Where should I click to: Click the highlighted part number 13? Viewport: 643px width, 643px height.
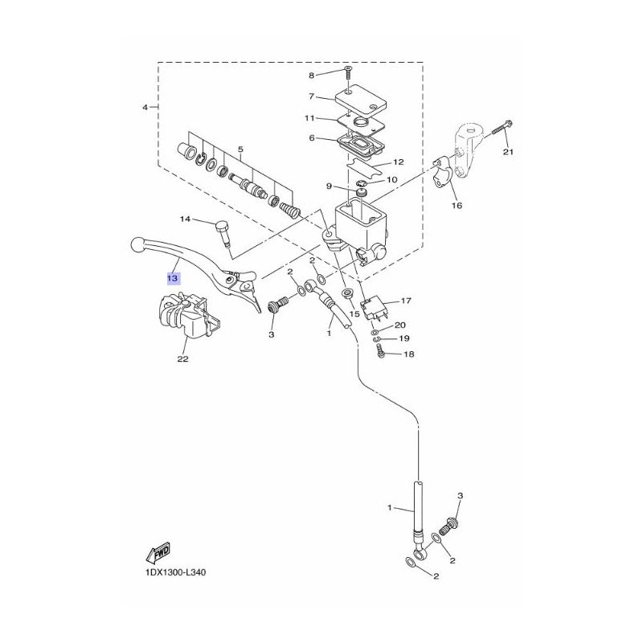point(173,278)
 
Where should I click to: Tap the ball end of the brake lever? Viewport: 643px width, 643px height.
point(137,245)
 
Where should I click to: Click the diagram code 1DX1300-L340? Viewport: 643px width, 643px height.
point(175,572)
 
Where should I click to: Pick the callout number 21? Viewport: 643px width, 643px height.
point(509,152)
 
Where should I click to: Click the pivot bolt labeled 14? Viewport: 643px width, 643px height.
point(223,234)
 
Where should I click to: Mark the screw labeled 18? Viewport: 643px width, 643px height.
point(379,352)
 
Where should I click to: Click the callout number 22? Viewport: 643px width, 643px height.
point(183,358)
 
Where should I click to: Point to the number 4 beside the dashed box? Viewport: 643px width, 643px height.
point(145,108)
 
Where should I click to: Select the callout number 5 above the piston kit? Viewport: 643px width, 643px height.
point(240,149)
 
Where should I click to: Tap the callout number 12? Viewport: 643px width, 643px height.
point(399,162)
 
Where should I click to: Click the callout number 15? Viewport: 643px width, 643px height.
point(354,314)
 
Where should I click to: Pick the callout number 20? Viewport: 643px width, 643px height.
point(399,326)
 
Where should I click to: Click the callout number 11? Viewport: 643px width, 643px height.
point(309,118)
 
